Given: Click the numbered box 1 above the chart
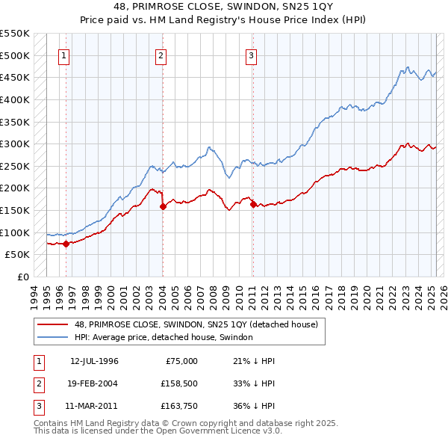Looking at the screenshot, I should [x=64, y=55].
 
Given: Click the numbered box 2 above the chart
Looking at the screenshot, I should [x=161, y=55].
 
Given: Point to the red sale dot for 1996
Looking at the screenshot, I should [x=66, y=243].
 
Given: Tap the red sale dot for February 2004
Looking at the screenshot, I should [x=162, y=206].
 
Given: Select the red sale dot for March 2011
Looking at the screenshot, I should [x=252, y=204].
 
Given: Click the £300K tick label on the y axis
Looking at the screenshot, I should [x=16, y=144].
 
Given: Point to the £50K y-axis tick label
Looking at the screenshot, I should [x=18, y=255].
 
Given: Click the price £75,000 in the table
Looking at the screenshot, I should [x=181, y=361].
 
